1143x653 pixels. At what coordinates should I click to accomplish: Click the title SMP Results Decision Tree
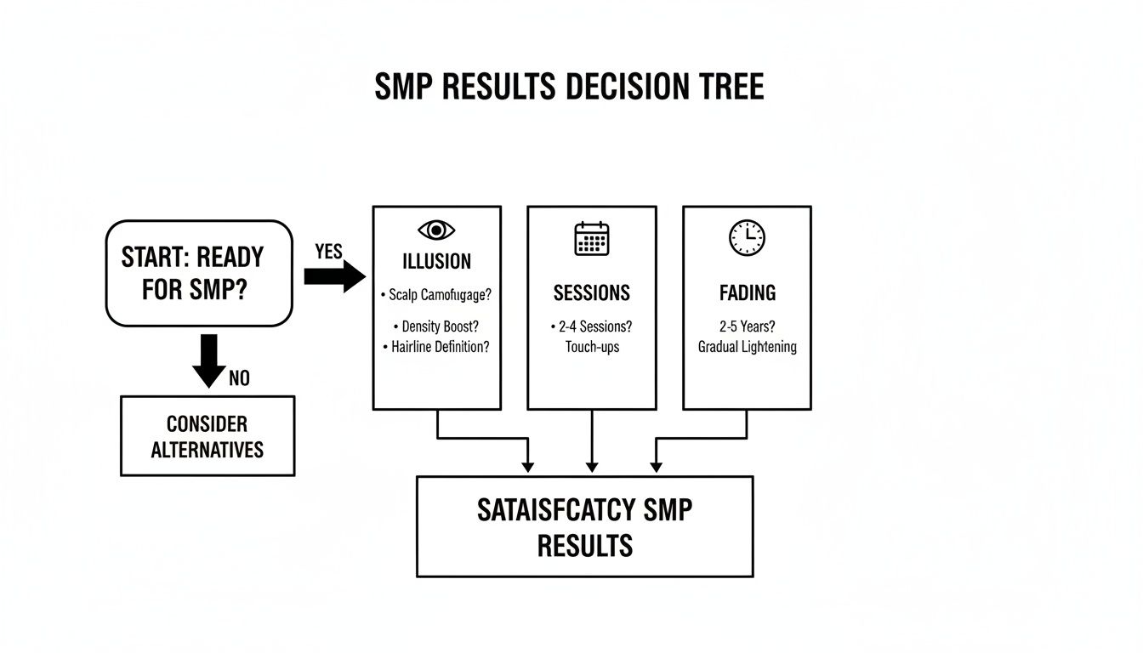tap(569, 88)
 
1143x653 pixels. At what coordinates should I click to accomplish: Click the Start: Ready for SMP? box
tap(198, 273)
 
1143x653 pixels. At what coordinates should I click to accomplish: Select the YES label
tap(328, 252)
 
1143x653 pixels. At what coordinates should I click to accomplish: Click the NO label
tap(239, 378)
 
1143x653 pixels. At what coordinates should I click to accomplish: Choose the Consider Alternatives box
tap(208, 436)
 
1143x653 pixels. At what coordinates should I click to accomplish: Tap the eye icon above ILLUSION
tap(436, 230)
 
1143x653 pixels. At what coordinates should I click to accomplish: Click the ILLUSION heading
tap(437, 260)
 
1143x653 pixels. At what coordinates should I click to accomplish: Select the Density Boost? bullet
tap(436, 326)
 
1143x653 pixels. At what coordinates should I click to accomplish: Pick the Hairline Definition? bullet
tap(436, 347)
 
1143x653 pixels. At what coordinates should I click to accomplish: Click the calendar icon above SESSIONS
tap(592, 238)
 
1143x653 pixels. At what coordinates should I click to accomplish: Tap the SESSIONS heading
tap(592, 293)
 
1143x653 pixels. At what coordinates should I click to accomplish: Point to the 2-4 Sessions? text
tap(592, 326)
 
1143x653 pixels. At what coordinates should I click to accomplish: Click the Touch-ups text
tap(592, 347)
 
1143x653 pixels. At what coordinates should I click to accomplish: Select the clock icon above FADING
tap(747, 238)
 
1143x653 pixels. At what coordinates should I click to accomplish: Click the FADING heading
tap(747, 293)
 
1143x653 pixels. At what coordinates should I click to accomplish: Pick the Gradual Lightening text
tap(747, 347)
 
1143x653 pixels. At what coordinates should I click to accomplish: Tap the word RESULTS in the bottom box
tap(585, 545)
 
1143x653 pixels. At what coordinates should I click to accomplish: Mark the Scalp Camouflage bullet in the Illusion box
tap(437, 295)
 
